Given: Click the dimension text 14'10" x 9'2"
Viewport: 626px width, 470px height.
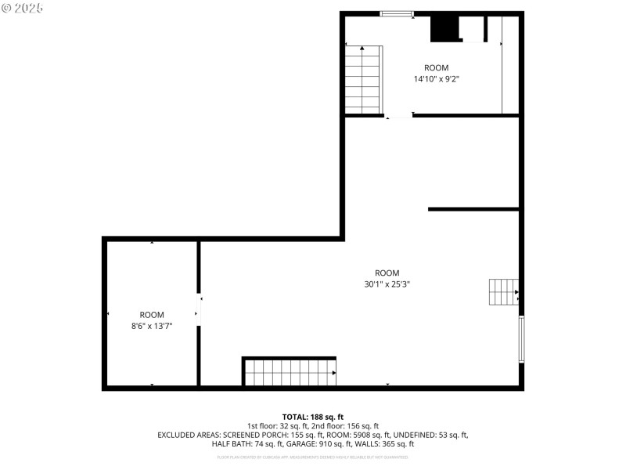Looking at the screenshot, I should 436,78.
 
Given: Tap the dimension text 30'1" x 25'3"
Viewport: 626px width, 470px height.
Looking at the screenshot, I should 387,284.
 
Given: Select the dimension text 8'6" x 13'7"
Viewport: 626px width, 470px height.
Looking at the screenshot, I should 152,325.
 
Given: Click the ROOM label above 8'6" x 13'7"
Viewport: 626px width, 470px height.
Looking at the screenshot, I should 152,314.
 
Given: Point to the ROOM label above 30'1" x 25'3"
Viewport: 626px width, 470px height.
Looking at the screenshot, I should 387,273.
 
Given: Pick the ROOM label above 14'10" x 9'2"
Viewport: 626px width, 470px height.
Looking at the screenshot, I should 437,67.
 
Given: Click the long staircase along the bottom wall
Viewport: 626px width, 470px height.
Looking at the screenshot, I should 290,372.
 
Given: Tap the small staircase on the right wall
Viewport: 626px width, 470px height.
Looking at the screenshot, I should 503,292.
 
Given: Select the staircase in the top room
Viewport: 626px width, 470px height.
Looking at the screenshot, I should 363,80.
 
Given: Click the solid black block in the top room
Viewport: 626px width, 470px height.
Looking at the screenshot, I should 443,28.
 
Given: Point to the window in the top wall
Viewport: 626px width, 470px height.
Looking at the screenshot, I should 397,13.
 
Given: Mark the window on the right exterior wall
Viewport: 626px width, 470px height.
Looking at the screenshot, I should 521,339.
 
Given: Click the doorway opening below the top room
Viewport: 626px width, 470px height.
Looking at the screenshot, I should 399,116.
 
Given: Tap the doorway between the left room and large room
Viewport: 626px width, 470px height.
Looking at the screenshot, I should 199,309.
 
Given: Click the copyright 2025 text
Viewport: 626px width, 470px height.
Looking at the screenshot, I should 23,7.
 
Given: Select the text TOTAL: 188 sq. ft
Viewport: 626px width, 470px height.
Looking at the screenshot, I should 313,417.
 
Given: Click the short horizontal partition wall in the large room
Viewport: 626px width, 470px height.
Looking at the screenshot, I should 473,209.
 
